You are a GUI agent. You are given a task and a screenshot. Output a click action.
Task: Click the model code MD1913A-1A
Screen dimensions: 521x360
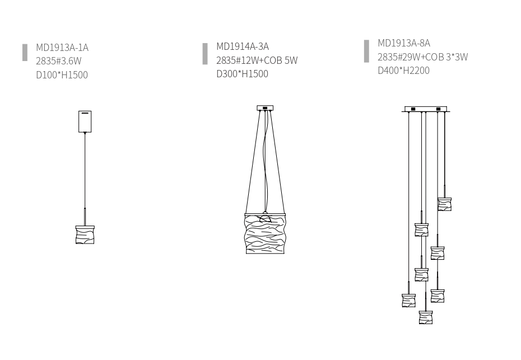(x=62, y=48)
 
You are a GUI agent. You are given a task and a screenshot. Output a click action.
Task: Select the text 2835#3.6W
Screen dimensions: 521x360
(x=59, y=61)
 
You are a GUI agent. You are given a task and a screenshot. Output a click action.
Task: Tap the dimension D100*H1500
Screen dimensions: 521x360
(x=62, y=75)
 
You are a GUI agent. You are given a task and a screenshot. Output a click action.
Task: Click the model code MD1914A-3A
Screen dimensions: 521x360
(x=243, y=46)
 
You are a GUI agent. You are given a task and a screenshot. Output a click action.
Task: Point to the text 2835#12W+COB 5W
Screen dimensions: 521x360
(x=257, y=60)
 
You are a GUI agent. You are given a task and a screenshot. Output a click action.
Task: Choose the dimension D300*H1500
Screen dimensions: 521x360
(x=242, y=74)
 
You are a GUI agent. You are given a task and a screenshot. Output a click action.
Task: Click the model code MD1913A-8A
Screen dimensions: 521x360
(x=404, y=43)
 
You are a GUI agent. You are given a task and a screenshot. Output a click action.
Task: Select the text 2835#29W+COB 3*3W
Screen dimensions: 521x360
(x=422, y=57)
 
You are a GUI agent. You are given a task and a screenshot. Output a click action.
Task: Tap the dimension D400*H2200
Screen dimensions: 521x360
(x=404, y=71)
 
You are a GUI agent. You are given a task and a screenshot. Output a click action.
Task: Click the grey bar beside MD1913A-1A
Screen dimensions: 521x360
(x=25, y=53)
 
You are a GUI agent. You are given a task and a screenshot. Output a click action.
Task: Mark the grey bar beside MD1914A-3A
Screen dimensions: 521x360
(x=205, y=54)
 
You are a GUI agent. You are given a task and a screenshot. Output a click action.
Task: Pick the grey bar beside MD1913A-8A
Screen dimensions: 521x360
(x=366, y=51)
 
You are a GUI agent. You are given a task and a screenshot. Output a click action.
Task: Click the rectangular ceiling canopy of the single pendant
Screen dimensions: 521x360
(x=85, y=121)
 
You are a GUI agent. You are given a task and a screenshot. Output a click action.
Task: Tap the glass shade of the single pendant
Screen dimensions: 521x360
(x=85, y=235)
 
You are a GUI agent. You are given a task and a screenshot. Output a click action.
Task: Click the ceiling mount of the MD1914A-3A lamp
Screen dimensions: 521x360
(x=265, y=108)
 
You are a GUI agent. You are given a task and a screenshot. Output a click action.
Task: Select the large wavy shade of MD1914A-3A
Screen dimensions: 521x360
(x=265, y=233)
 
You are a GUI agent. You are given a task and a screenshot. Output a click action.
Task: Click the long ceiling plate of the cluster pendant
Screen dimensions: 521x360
(x=426, y=109)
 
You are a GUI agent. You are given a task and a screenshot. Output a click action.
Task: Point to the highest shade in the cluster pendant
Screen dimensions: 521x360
(x=445, y=204)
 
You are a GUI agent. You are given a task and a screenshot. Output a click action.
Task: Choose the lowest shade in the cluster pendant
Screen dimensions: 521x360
(x=426, y=317)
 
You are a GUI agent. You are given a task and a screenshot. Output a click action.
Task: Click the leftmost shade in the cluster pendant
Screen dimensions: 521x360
(x=409, y=301)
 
